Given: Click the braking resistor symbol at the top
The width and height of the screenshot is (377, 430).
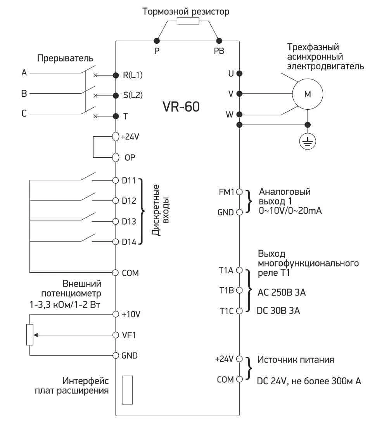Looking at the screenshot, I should point(188,21).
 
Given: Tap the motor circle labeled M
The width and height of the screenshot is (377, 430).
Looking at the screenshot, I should point(307,94).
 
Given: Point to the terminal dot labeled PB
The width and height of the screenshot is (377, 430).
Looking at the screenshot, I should point(219,40).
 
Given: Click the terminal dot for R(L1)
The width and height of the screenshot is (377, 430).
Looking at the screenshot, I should point(116,75).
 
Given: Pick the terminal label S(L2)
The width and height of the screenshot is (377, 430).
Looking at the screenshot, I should point(133,95).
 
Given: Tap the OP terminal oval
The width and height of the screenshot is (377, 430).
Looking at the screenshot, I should point(115,158).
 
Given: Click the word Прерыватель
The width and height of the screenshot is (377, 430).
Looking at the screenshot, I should point(66,59).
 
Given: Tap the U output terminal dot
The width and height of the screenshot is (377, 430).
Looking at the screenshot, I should point(239,73).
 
